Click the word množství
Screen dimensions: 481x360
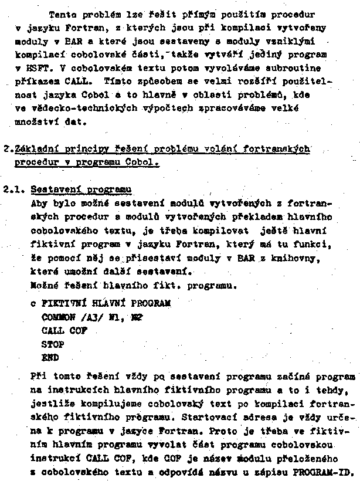(x=32, y=123)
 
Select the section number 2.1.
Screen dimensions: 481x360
(x=13, y=189)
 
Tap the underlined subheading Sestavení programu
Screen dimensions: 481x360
(x=81, y=190)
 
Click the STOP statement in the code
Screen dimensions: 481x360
(x=53, y=343)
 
